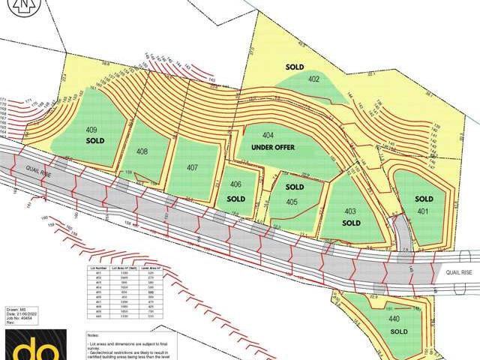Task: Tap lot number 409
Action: [91, 129]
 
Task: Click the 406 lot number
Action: [235, 184]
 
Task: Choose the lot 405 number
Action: [292, 202]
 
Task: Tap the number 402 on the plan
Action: [313, 79]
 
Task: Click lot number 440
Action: [394, 319]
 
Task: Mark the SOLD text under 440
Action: [398, 331]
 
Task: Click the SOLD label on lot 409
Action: [94, 140]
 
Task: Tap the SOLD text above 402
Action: [295, 67]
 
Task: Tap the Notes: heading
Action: [93, 335]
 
